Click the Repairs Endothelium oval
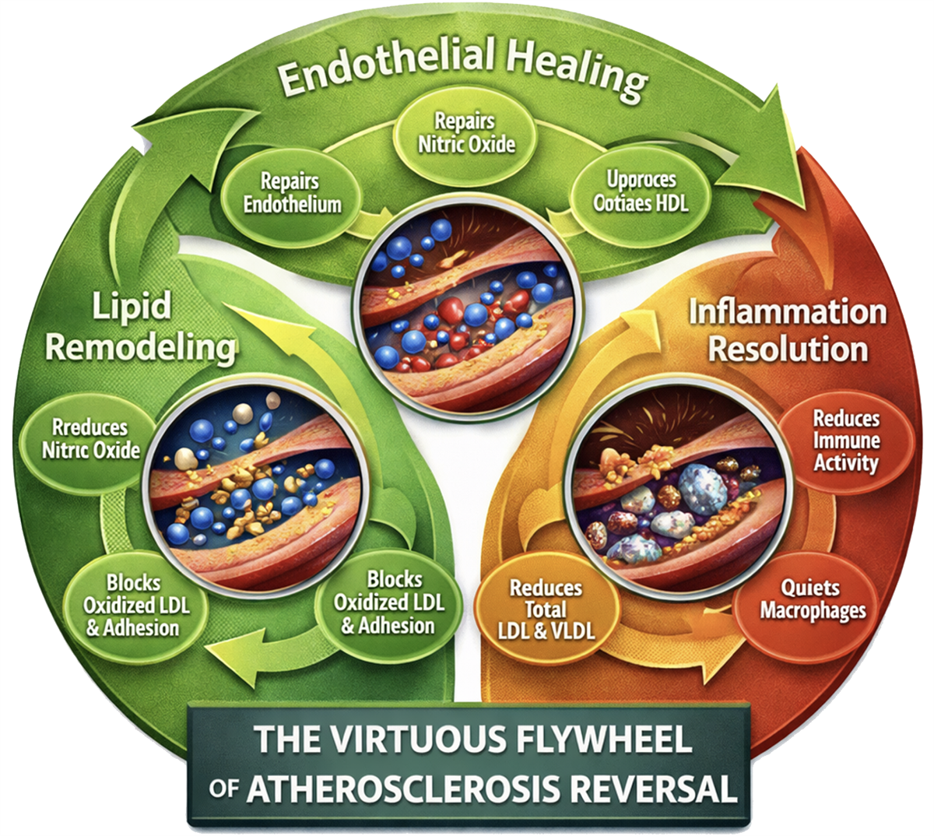(291, 194)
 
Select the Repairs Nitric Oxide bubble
(466, 133)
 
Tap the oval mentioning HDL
(641, 191)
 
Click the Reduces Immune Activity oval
(846, 441)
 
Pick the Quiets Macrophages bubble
(812, 599)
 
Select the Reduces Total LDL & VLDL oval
(546, 609)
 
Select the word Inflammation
(788, 312)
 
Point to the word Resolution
(788, 349)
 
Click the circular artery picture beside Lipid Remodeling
(258, 479)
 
